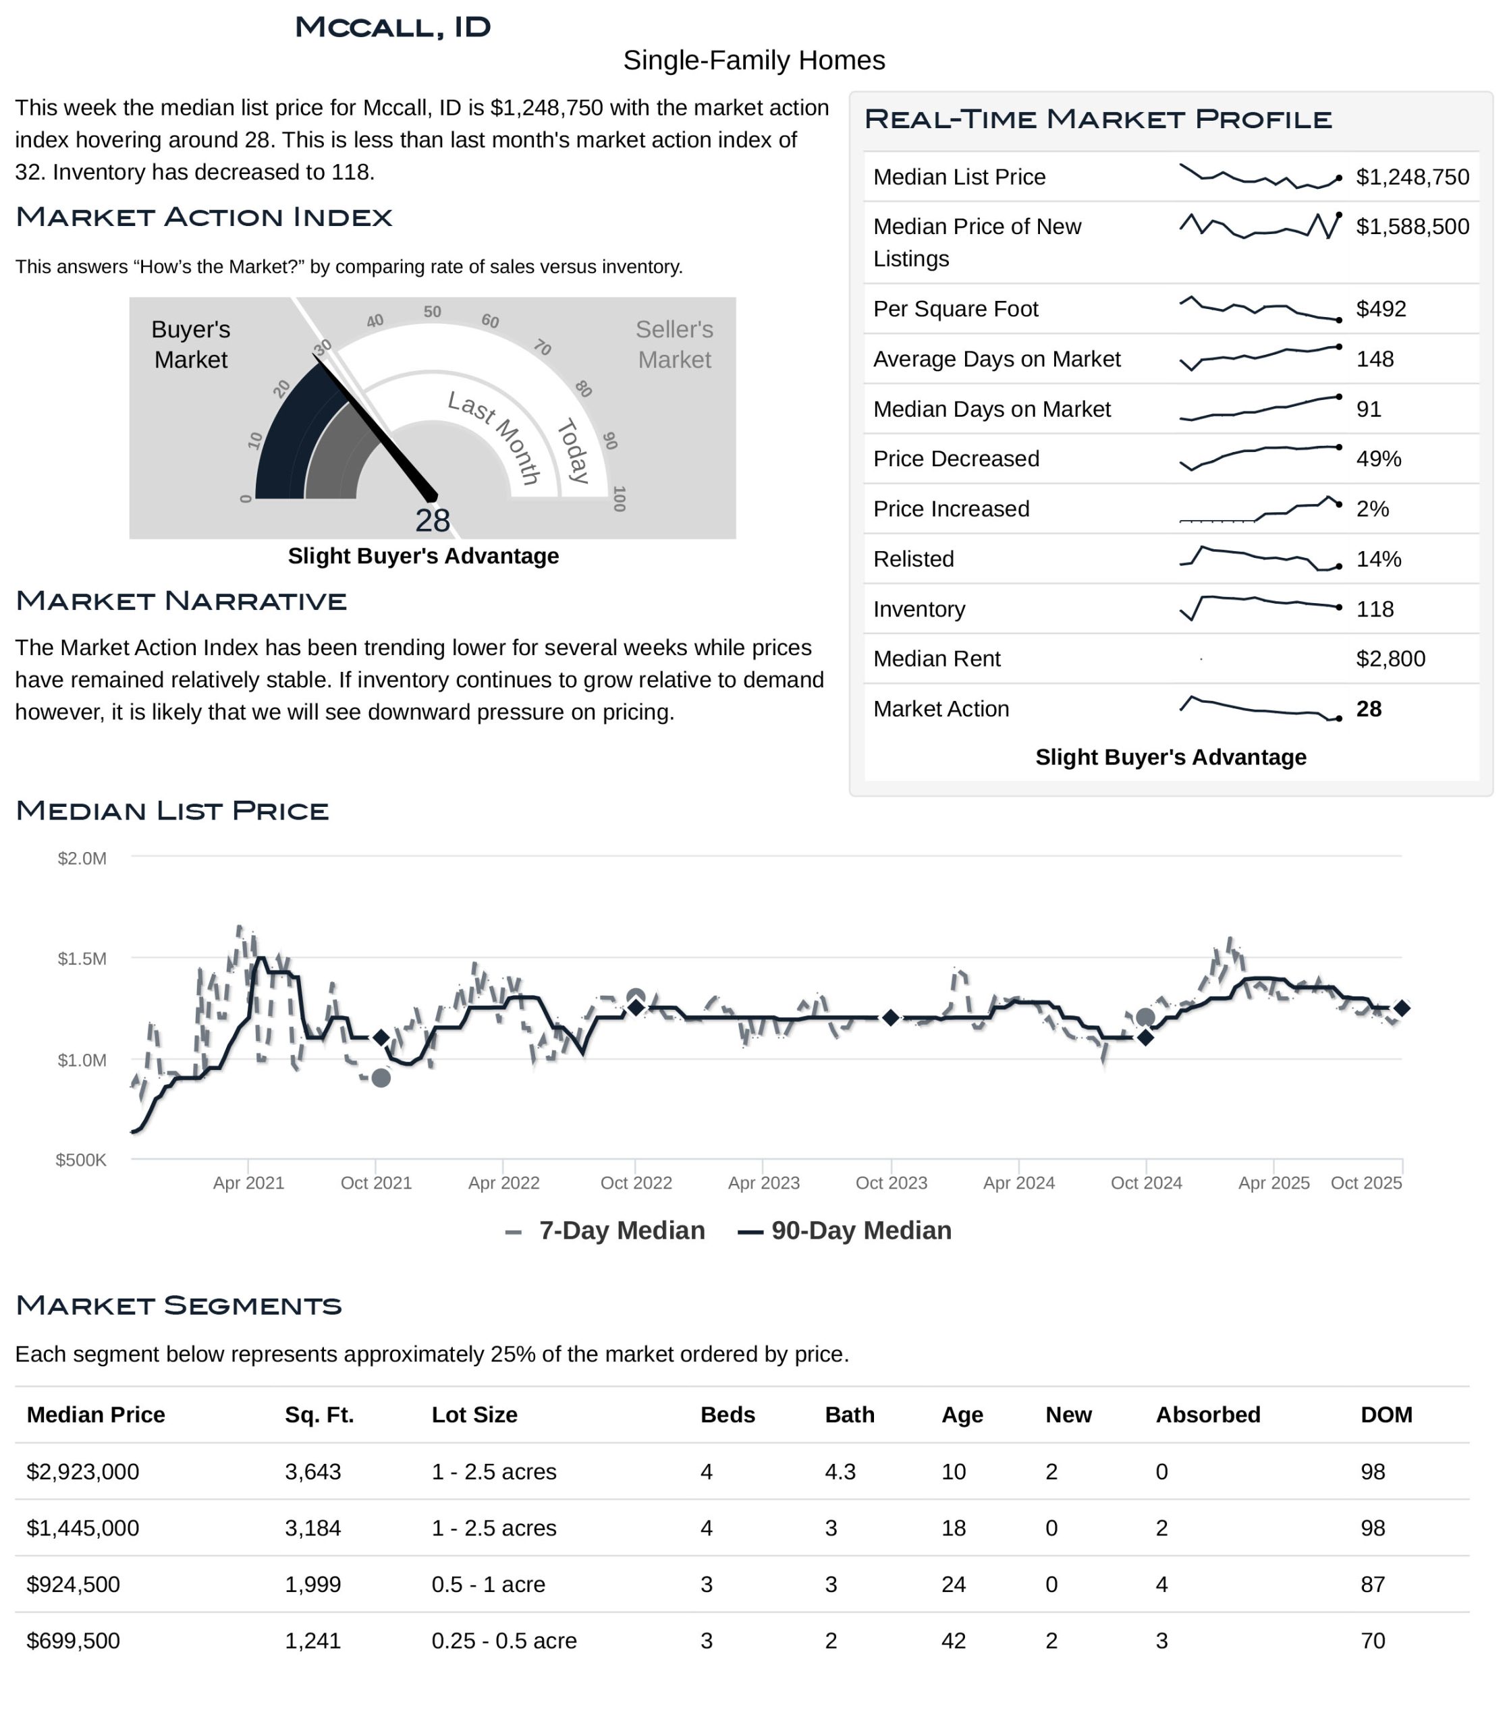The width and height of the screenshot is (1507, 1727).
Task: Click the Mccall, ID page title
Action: tap(393, 28)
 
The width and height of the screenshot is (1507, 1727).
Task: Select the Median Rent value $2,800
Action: tap(1390, 658)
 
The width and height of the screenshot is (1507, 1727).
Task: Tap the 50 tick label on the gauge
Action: tap(432, 312)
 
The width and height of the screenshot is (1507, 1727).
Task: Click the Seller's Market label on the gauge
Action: tap(674, 344)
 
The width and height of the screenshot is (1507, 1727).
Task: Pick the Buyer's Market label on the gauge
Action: tap(191, 344)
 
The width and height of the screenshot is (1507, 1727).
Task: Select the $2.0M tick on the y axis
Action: tap(82, 859)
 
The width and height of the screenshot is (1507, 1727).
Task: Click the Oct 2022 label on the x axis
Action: tap(636, 1183)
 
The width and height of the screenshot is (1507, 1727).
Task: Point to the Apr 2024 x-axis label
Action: tap(1018, 1183)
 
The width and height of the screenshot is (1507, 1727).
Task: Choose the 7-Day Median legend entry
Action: tap(605, 1231)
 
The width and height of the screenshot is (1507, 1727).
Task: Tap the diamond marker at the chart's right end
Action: tap(1401, 1008)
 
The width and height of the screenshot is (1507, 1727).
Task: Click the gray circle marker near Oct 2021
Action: tap(381, 1078)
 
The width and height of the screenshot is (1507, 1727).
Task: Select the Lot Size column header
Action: tap(474, 1415)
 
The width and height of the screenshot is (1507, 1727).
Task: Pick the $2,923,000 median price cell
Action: tap(82, 1471)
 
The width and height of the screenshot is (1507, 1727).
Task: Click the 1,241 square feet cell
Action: tap(313, 1641)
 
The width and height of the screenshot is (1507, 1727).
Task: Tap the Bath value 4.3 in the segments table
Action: tap(840, 1471)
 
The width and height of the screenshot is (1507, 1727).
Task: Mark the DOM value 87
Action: tap(1373, 1584)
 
